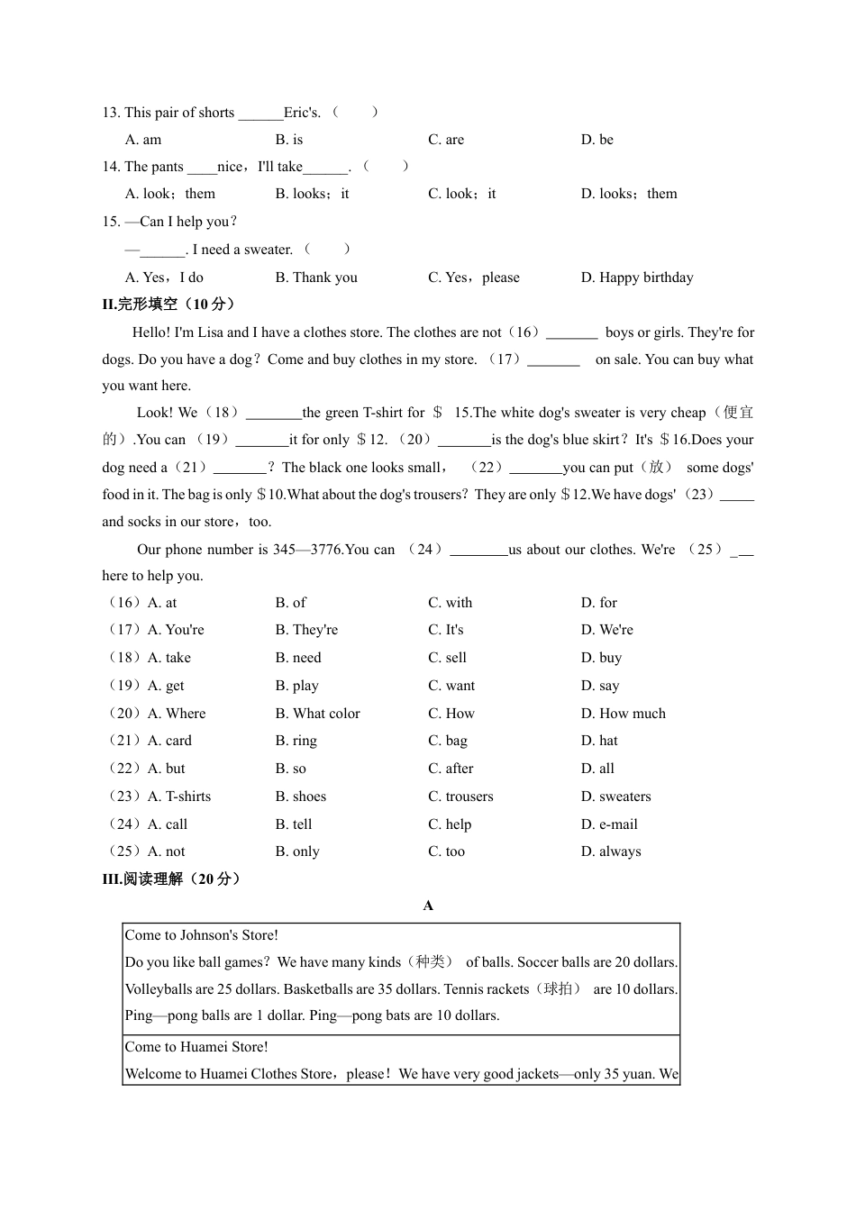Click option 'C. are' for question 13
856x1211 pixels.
446,140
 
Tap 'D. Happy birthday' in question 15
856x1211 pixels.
637,278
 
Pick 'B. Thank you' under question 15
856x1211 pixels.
316,278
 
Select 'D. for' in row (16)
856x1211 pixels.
599,603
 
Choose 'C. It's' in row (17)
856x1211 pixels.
446,630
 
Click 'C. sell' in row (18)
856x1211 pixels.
447,658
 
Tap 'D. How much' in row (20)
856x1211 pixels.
624,714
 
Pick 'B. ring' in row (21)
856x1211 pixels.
296,741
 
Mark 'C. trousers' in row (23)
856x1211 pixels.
460,797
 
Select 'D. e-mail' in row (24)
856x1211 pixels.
609,824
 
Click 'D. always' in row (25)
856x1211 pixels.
611,851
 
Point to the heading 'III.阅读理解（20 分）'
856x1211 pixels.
171,879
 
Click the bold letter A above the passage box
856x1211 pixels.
428,906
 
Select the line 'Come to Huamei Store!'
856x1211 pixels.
196,1047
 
